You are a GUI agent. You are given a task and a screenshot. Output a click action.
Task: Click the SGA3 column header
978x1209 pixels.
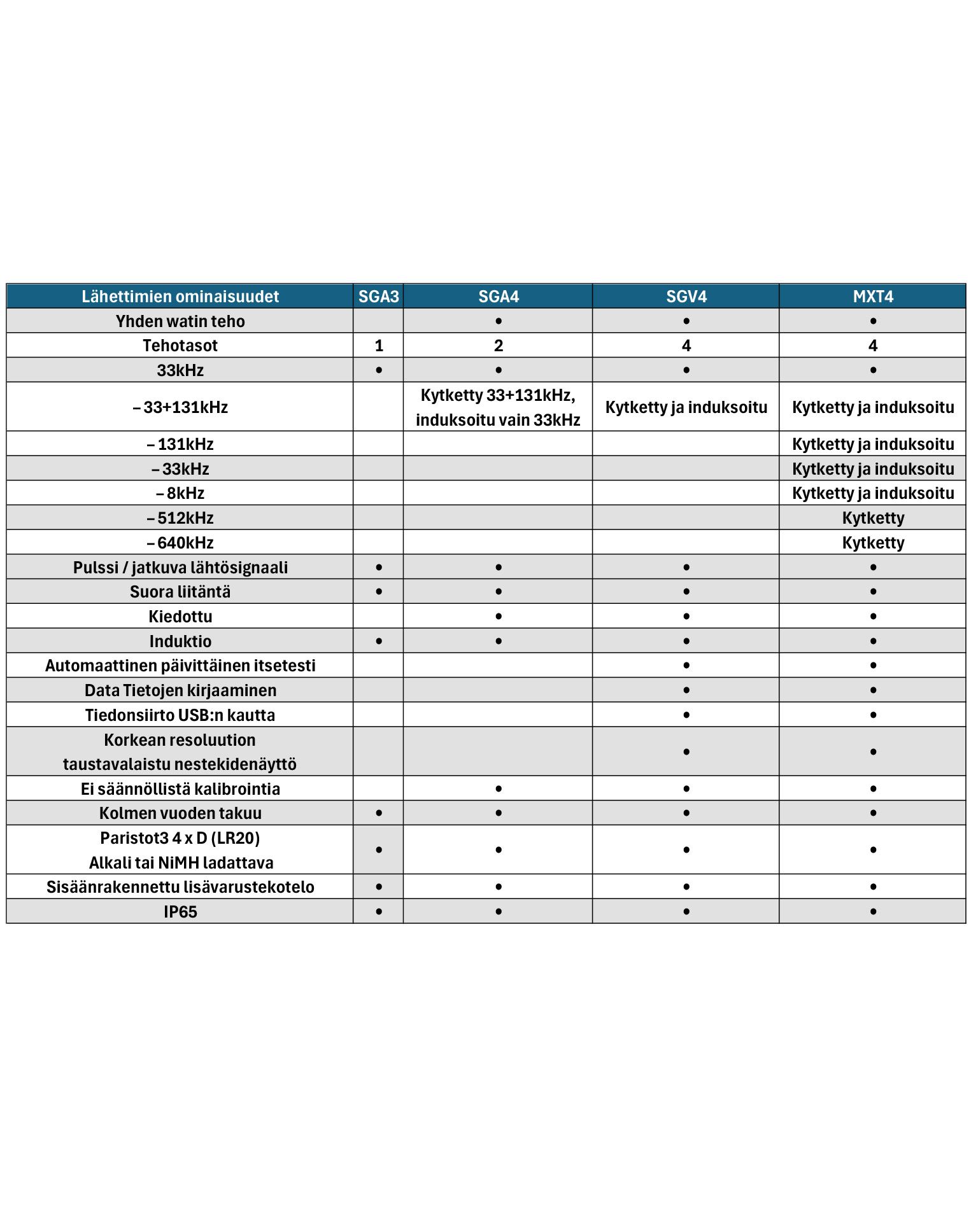(x=378, y=297)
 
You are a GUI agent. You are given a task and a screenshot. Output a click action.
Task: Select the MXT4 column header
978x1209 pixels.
(x=873, y=297)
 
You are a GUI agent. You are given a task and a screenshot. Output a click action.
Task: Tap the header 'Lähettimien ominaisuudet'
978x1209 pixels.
(x=180, y=297)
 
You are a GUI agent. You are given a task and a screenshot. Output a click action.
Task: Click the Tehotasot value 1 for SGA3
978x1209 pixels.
(x=379, y=346)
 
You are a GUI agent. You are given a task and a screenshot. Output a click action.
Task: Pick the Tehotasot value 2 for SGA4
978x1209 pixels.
(x=498, y=346)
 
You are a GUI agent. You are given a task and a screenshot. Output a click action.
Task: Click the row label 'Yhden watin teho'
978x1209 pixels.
(x=180, y=321)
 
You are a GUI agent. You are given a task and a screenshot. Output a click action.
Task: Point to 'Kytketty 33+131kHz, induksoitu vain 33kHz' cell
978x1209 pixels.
(x=498, y=407)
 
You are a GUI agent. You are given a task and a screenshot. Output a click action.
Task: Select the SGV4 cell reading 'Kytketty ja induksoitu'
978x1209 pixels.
(x=686, y=407)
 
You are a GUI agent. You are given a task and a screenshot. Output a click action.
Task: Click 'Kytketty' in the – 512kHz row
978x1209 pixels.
(x=873, y=518)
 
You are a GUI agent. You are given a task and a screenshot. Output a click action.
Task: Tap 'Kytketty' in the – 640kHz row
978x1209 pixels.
(x=873, y=543)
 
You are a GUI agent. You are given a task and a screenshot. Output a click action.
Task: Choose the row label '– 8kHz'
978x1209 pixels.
(x=180, y=493)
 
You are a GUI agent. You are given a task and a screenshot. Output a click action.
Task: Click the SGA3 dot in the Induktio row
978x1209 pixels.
(x=379, y=641)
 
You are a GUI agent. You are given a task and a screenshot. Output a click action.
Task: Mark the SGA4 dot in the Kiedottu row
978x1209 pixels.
(x=498, y=617)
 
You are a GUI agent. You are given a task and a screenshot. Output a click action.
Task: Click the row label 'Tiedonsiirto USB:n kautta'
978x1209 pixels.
(x=180, y=715)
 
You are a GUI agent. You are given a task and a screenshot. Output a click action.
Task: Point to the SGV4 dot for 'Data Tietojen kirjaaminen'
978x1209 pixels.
(x=686, y=690)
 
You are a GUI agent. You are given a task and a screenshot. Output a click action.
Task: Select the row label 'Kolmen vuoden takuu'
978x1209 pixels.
(x=180, y=813)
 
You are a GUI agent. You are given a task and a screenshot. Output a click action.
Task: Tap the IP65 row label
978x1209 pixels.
(x=180, y=912)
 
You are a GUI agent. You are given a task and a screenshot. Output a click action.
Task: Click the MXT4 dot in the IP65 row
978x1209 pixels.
(x=873, y=912)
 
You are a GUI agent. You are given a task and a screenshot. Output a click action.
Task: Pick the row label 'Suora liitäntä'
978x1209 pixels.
(x=180, y=592)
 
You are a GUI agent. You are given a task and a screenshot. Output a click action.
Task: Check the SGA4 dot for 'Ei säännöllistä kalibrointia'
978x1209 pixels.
(x=498, y=789)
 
